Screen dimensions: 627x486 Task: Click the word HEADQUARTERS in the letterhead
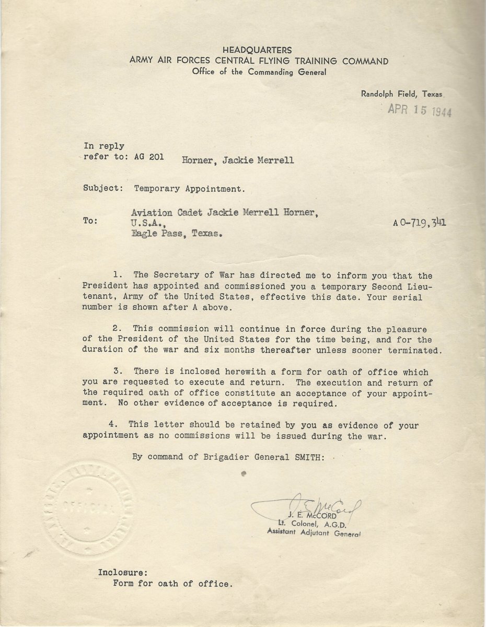pyautogui.click(x=259, y=51)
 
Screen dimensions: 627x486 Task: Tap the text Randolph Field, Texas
pyautogui.click(x=401, y=95)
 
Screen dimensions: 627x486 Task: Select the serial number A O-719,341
pyautogui.click(x=420, y=223)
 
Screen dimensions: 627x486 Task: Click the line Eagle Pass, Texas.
pyautogui.click(x=175, y=235)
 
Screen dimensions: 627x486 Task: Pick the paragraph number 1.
pyautogui.click(x=115, y=275)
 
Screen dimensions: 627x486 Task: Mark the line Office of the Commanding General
pyautogui.click(x=259, y=72)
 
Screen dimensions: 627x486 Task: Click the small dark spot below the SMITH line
pyautogui.click(x=244, y=473)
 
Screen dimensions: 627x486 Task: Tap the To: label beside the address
pyautogui.click(x=90, y=221)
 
